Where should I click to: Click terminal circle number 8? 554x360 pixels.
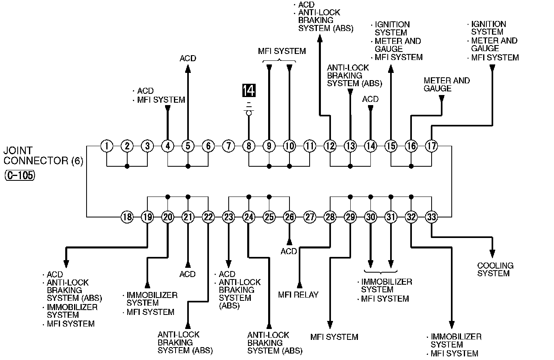click(249, 146)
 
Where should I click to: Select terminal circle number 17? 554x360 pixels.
click(431, 146)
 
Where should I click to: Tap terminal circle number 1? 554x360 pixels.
click(107, 146)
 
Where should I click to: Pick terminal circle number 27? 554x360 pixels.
click(310, 217)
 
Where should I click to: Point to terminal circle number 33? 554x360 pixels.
click(431, 217)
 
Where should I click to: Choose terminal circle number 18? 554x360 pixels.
click(127, 217)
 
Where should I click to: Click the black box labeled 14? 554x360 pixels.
click(249, 91)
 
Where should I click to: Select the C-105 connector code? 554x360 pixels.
click(20, 176)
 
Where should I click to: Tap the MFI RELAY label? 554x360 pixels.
click(298, 295)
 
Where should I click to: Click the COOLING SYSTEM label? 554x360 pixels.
click(495, 269)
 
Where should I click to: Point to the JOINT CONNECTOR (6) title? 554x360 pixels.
click(43, 156)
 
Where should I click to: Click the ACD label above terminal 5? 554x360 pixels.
click(188, 58)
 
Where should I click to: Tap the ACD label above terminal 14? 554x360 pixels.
click(370, 99)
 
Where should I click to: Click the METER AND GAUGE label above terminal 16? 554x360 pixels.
click(447, 84)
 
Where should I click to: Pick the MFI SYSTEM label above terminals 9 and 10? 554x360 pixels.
click(282, 51)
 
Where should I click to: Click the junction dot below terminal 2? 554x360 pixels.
click(127, 166)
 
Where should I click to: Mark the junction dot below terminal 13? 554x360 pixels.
click(350, 166)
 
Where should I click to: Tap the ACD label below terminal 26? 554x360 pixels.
click(289, 251)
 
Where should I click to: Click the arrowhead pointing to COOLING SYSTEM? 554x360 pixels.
click(492, 254)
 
